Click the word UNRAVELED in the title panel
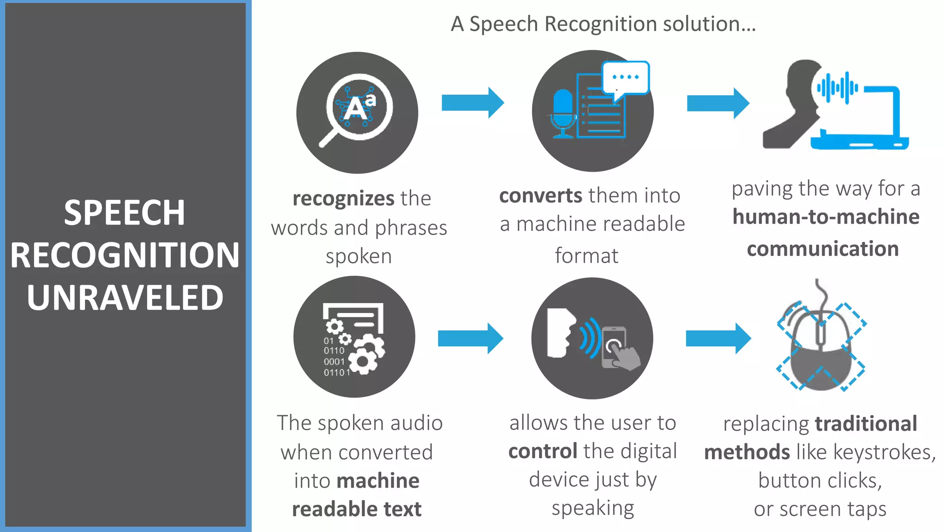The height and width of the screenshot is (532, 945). (125, 297)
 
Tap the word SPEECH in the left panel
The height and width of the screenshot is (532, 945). (125, 213)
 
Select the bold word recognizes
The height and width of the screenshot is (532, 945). (343, 199)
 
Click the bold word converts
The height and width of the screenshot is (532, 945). (541, 196)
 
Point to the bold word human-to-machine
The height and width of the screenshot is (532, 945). (826, 217)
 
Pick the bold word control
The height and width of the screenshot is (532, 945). (543, 451)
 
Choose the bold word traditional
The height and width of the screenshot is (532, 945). (866, 424)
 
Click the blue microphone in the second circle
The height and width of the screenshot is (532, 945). (562, 113)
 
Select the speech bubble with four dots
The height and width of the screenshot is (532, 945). (626, 79)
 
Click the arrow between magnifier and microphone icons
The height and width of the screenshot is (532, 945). (472, 103)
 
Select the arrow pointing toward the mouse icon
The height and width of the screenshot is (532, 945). (718, 339)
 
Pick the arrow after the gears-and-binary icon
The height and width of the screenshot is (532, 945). (470, 339)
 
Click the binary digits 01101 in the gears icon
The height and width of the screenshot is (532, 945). (336, 373)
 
